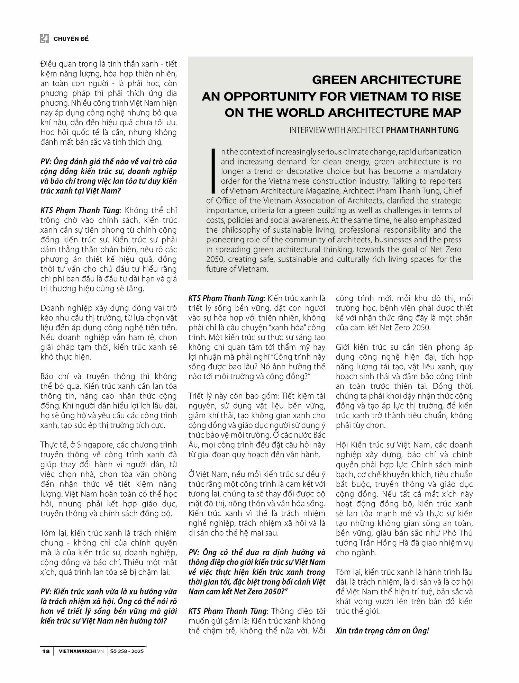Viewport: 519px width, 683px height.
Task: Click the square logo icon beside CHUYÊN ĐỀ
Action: coord(44,39)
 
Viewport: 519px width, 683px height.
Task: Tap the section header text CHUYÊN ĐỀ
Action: coord(71,39)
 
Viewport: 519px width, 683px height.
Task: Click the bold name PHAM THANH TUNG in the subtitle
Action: coord(422,130)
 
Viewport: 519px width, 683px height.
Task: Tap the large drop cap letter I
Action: coord(213,171)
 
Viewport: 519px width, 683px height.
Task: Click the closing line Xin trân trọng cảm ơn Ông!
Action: coord(382,631)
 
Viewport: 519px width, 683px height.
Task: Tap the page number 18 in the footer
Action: coord(46,651)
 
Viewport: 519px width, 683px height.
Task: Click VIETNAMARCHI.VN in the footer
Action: coord(81,651)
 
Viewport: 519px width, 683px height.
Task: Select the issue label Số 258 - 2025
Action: coord(127,651)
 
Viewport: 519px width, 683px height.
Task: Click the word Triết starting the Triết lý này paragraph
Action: coord(196,396)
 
